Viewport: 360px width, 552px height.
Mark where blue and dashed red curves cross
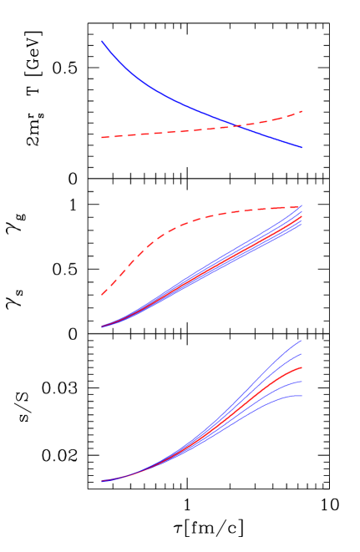pyautogui.click(x=238, y=126)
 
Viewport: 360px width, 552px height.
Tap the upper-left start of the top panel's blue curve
pyautogui.click(x=102, y=41)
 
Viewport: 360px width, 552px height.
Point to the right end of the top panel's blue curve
pyautogui.click(x=301, y=147)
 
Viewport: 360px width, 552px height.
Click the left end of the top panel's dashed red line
pyautogui.click(x=102, y=137)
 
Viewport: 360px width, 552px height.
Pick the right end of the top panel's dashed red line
pyautogui.click(x=301, y=111)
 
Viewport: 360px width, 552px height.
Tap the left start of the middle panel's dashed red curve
pyautogui.click(x=102, y=294)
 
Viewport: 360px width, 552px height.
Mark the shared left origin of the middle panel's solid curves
pyautogui.click(x=102, y=326)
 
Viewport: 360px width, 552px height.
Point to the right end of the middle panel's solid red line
pyautogui.click(x=301, y=216)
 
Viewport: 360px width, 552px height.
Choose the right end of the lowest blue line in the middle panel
pyautogui.click(x=301, y=226)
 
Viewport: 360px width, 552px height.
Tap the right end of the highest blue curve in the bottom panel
pyautogui.click(x=301, y=341)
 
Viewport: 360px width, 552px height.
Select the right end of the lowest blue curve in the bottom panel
pyautogui.click(x=301, y=396)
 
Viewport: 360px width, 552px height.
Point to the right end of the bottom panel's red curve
pyautogui.click(x=301, y=367)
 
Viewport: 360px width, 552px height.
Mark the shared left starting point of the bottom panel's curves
pyautogui.click(x=102, y=481)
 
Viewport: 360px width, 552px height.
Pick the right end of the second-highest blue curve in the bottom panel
pyautogui.click(x=301, y=355)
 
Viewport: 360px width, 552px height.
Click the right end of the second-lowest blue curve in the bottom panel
pyautogui.click(x=301, y=382)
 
